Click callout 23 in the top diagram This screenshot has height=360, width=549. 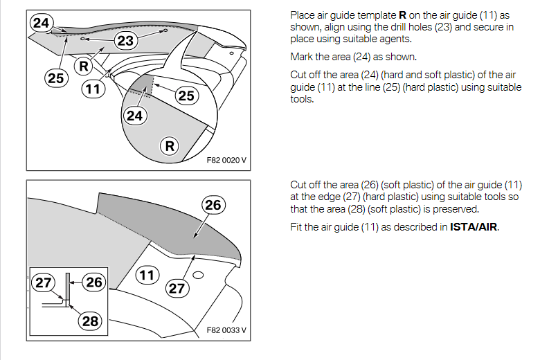(125, 41)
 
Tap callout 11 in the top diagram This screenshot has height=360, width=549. (91, 89)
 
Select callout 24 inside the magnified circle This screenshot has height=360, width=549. (134, 116)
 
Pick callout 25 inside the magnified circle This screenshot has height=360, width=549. (186, 95)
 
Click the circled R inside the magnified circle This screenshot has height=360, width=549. (170, 146)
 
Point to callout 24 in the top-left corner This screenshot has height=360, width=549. (42, 23)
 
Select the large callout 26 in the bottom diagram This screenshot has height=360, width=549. (213, 205)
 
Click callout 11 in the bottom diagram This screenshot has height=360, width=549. (146, 276)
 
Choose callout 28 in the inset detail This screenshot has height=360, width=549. (90, 321)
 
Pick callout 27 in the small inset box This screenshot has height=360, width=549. (44, 283)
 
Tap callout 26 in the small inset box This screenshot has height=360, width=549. (93, 282)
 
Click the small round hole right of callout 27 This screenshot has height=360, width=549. (198, 276)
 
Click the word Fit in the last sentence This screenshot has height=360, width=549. (296, 226)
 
